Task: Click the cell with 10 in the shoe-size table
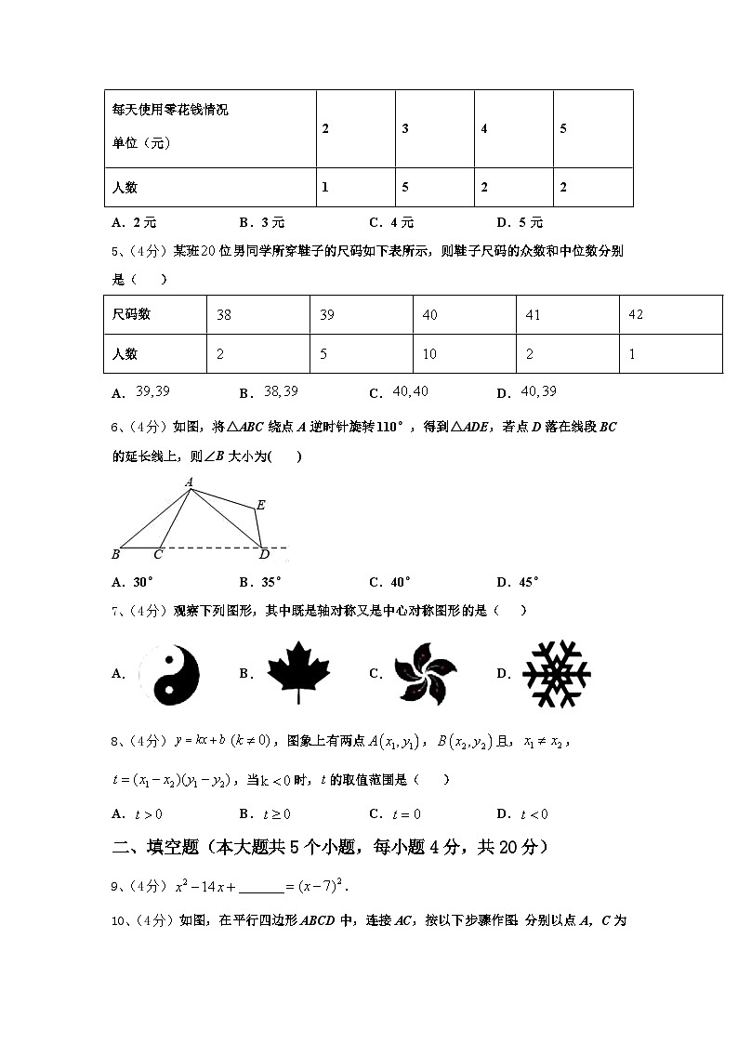[430, 354]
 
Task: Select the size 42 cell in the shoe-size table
[636, 315]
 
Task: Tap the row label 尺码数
[131, 315]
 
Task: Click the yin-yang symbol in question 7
[169, 674]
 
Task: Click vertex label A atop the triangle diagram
[189, 482]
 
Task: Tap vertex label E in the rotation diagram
[261, 505]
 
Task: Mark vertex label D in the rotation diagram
[264, 555]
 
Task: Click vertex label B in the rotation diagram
[115, 555]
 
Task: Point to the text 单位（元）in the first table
[142, 143]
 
